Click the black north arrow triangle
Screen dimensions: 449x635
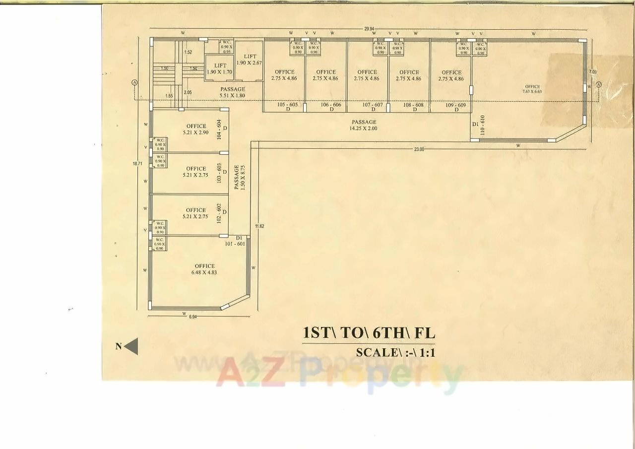coord(131,347)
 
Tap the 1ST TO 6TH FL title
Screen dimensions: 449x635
coord(369,333)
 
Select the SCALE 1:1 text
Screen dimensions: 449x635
coord(395,353)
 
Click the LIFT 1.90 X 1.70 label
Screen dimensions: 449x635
coord(220,69)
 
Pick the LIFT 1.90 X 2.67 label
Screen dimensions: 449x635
coord(249,60)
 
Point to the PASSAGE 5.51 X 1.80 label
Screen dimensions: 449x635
coord(233,92)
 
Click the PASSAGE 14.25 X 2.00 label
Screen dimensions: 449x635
coord(364,125)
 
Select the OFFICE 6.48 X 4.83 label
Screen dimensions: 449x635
coord(204,269)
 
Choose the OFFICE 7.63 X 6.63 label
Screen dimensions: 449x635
coord(532,89)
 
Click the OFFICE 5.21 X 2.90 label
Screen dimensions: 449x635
coord(196,129)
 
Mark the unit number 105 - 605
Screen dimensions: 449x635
coord(288,105)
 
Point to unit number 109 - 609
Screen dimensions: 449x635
coord(455,105)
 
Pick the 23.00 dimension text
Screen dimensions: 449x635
coord(419,149)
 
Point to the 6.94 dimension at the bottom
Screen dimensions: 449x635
coord(192,317)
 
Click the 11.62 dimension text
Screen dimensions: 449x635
coord(259,226)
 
